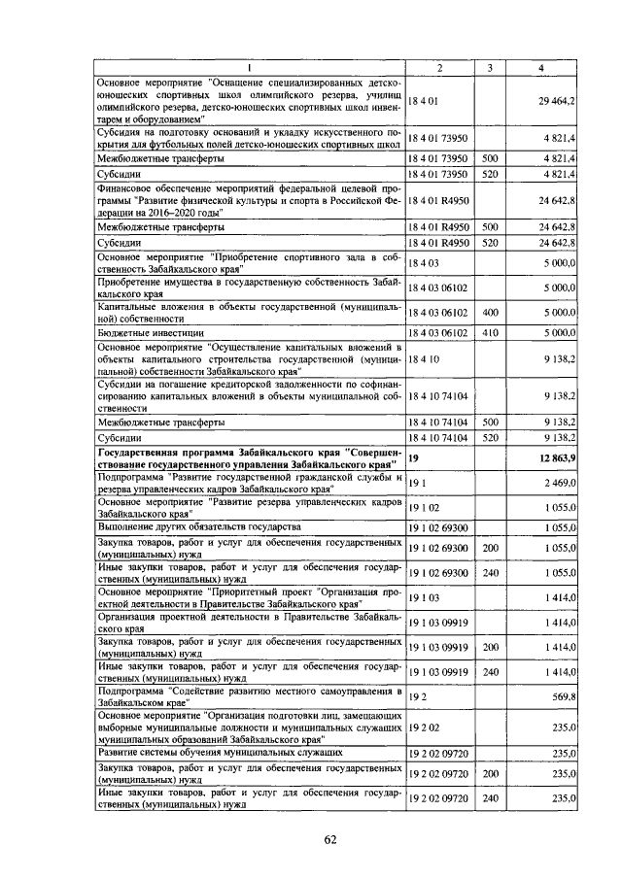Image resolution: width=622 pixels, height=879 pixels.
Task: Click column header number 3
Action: (x=490, y=67)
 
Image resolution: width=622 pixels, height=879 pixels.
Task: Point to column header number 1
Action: (x=249, y=67)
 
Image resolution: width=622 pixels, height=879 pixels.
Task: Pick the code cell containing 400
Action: (x=490, y=313)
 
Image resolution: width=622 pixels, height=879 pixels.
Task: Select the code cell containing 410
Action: (x=490, y=333)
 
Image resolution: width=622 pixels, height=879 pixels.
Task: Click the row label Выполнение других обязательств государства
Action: (x=199, y=526)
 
